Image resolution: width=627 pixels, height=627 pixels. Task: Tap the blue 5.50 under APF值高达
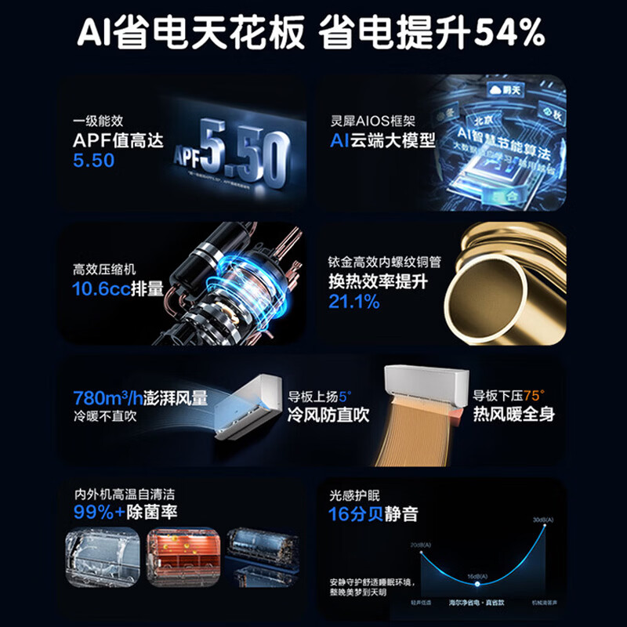[93, 161]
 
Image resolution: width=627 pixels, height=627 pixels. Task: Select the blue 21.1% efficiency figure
[353, 302]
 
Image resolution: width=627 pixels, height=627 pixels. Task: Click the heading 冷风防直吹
[328, 415]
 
